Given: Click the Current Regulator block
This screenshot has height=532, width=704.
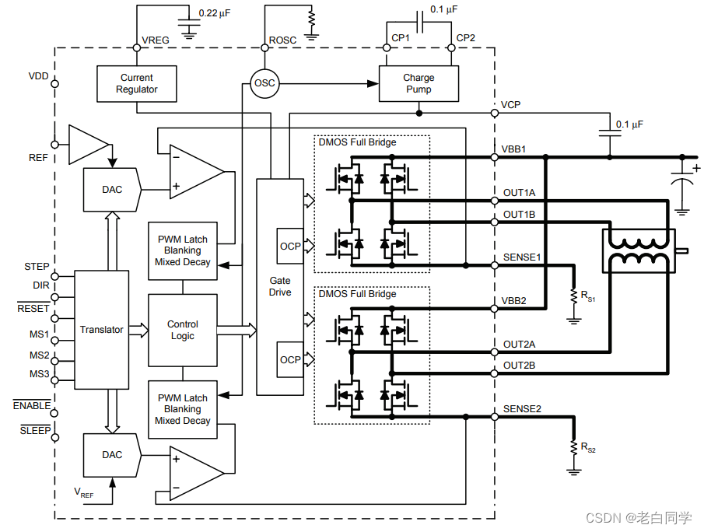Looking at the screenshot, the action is pyautogui.click(x=136, y=83).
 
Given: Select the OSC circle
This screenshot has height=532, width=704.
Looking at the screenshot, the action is pyautogui.click(x=264, y=83).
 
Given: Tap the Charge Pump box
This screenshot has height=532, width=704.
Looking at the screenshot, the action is pyautogui.click(x=419, y=83).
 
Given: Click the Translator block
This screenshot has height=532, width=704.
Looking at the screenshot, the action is pyautogui.click(x=101, y=330).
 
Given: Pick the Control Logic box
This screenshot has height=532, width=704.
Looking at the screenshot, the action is pyautogui.click(x=183, y=330).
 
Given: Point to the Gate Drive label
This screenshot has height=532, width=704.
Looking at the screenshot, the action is pyautogui.click(x=280, y=286).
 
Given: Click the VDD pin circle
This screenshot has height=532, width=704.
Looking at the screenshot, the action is pyautogui.click(x=54, y=83).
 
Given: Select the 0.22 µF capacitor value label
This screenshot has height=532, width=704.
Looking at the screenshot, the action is pyautogui.click(x=215, y=13).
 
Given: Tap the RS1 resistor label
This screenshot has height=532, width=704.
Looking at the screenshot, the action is pyautogui.click(x=588, y=296).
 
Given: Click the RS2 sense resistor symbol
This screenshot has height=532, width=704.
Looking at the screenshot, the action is pyautogui.click(x=573, y=447).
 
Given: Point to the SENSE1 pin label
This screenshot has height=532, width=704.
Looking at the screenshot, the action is pyautogui.click(x=522, y=257).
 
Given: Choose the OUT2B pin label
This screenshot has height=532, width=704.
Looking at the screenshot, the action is pyautogui.click(x=519, y=366).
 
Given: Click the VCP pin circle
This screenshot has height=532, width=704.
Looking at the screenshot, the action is pyautogui.click(x=494, y=113).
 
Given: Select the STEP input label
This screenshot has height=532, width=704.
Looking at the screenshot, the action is pyautogui.click(x=37, y=267).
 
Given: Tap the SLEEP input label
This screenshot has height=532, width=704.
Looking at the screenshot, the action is pyautogui.click(x=35, y=430).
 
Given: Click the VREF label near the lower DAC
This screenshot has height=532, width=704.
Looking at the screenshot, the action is pyautogui.click(x=83, y=492).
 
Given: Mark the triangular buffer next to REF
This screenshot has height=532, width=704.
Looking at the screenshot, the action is pyautogui.click(x=89, y=145).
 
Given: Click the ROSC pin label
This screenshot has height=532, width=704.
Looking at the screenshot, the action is pyautogui.click(x=282, y=40).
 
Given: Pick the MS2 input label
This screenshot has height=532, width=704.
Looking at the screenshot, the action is pyautogui.click(x=39, y=355).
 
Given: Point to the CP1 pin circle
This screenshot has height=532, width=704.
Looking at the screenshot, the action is pyautogui.click(x=386, y=47).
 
